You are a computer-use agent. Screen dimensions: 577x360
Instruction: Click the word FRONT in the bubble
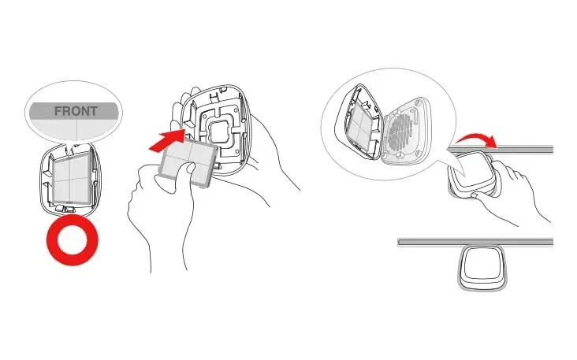[76, 111]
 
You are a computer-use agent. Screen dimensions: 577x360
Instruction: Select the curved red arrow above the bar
[475, 139]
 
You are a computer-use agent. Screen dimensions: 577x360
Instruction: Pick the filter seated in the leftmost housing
[72, 177]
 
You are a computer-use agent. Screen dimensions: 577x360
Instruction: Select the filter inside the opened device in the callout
[359, 127]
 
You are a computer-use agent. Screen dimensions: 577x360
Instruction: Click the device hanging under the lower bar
[482, 267]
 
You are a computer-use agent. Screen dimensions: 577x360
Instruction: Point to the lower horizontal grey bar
[475, 242]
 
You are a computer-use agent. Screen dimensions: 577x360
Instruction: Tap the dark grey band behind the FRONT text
[74, 111]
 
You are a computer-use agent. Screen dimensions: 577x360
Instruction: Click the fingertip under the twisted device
[475, 195]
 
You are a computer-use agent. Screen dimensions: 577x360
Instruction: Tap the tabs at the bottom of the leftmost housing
[66, 209]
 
